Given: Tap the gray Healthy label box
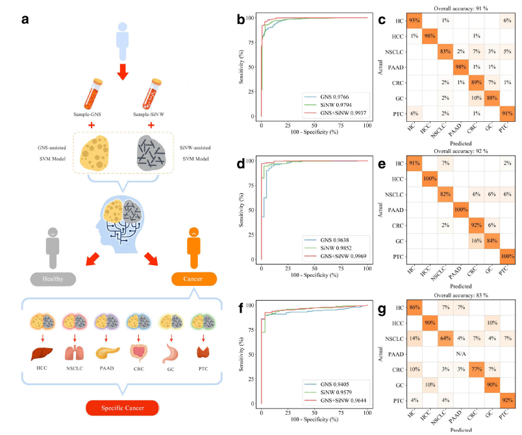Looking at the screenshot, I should (53, 279).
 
